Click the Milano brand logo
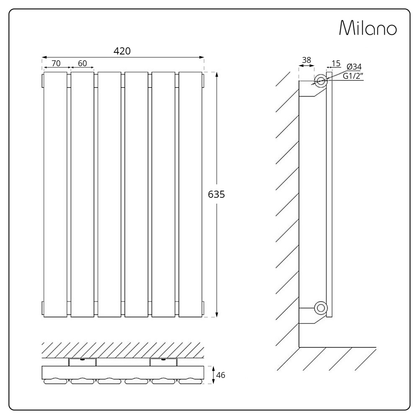point(368,28)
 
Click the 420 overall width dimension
point(122,51)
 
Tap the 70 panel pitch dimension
point(56,63)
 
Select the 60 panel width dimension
point(83,63)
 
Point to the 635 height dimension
point(217,194)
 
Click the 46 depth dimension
point(220,375)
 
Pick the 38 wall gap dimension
point(307,60)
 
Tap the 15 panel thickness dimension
point(336,63)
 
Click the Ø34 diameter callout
point(354,67)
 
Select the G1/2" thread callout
point(353,76)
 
